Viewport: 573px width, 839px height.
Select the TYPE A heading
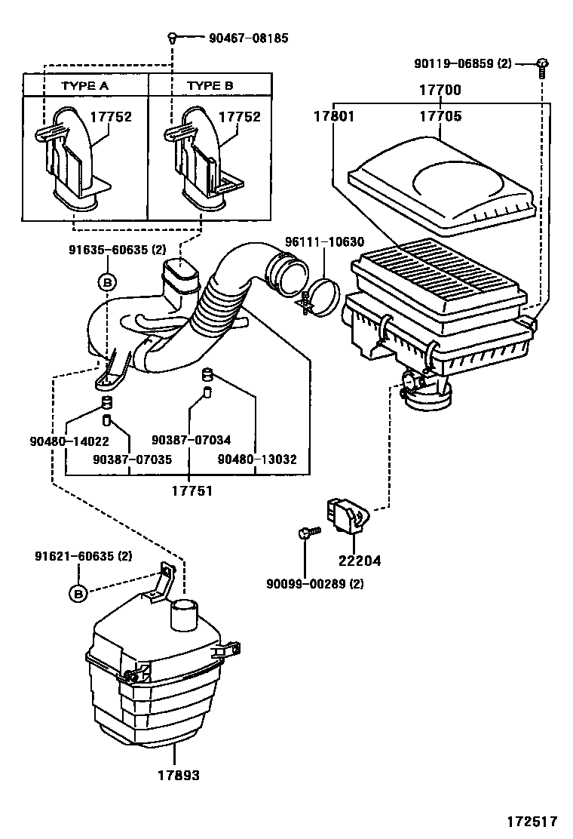[x=84, y=86]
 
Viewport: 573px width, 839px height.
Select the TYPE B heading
[x=210, y=86]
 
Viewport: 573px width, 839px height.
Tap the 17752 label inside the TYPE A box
[x=111, y=117]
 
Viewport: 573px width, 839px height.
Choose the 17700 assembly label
[x=440, y=91]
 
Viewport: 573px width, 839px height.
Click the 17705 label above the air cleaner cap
[x=440, y=117]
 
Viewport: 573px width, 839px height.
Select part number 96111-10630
[x=324, y=242]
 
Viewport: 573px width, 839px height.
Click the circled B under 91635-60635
[x=106, y=282]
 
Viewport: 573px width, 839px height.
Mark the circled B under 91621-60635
[x=78, y=594]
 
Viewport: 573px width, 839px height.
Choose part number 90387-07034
[x=191, y=441]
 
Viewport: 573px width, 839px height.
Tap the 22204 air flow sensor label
[x=360, y=561]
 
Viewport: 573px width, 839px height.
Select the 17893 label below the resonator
[x=179, y=775]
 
